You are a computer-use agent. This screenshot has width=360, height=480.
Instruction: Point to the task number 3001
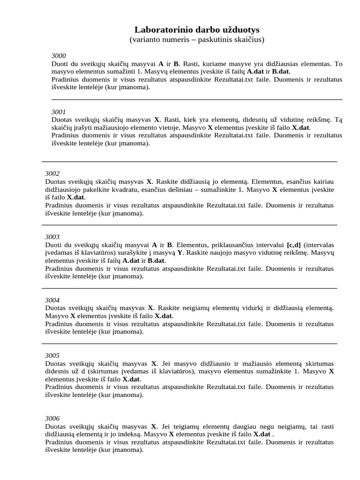(59, 112)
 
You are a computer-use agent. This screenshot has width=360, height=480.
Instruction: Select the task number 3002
(52, 173)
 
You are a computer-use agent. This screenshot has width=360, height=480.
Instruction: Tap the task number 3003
(52, 237)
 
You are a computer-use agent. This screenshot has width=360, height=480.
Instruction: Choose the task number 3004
(52, 300)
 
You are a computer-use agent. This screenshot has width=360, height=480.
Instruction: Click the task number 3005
(52, 356)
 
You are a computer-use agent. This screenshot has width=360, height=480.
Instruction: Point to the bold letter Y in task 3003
(180, 253)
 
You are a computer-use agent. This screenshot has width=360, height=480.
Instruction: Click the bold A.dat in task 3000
(255, 72)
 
